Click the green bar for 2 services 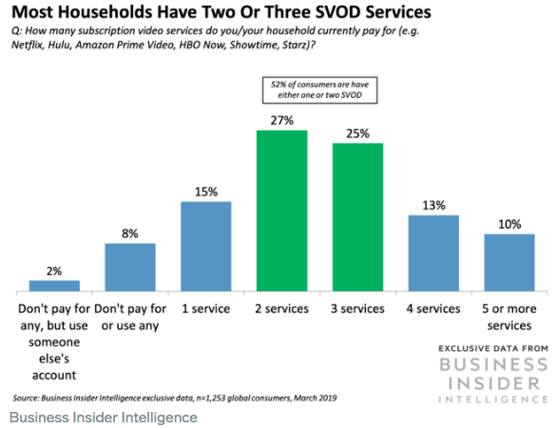[281, 211]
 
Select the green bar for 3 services [357, 217]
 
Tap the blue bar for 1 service [206, 247]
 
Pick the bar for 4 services [433, 253]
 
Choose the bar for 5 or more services [510, 263]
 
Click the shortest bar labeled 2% [54, 286]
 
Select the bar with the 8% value [130, 268]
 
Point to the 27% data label [281, 121]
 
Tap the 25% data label [357, 134]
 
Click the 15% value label [206, 192]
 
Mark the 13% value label [433, 205]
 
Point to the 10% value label [510, 224]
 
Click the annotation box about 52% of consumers [319, 90]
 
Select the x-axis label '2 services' [281, 308]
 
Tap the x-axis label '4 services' [433, 308]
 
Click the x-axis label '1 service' [205, 308]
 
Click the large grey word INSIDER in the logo [494, 383]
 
